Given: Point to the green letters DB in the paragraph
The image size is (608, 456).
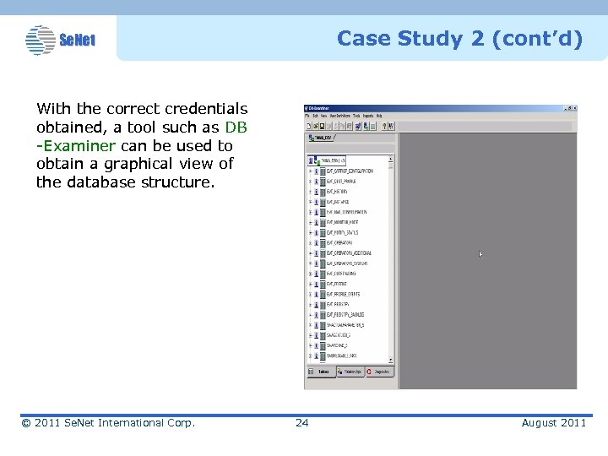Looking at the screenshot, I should click(x=236, y=127).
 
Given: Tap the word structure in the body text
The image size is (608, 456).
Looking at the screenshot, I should click(x=182, y=182).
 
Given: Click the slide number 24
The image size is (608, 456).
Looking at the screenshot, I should click(x=301, y=422).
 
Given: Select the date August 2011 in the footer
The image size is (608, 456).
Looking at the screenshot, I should click(x=553, y=422).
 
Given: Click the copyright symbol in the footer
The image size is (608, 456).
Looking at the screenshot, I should click(x=26, y=422).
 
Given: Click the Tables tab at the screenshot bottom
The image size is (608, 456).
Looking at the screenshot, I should click(x=323, y=372).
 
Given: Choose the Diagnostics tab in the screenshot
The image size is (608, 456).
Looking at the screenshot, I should click(x=380, y=372).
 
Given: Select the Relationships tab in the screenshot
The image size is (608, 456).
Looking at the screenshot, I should click(x=350, y=372).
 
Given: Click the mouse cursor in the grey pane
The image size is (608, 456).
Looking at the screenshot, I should click(x=481, y=253).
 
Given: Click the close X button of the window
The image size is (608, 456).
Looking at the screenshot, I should click(x=574, y=108).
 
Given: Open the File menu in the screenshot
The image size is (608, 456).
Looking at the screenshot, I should click(x=308, y=116).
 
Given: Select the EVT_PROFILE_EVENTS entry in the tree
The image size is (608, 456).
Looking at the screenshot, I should click(x=343, y=294).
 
